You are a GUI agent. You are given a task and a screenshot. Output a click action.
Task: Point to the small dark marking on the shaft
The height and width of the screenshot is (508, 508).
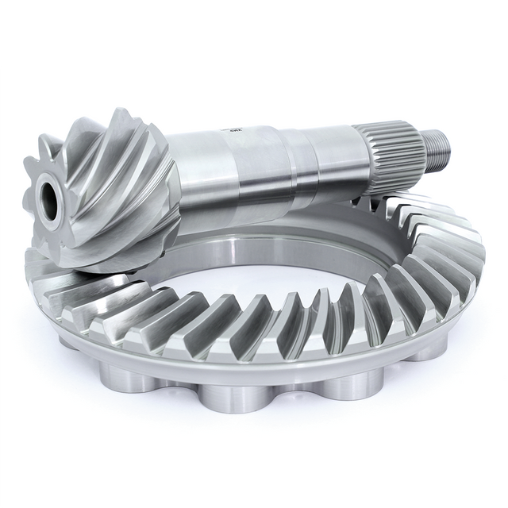tap(236, 125)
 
